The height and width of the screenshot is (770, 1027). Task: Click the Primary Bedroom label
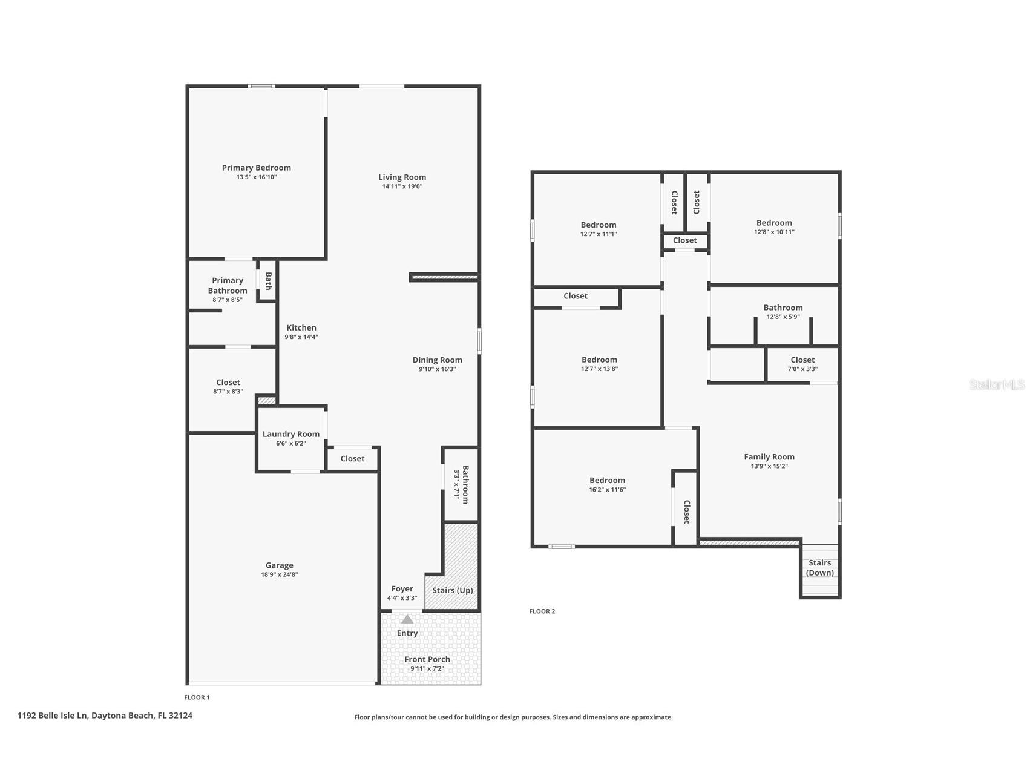point(256,168)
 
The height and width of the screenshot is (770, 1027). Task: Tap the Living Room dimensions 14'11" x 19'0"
point(402,186)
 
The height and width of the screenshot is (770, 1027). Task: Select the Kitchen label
point(301,327)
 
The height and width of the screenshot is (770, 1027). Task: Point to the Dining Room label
point(437,360)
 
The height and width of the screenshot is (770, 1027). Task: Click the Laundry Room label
point(291,434)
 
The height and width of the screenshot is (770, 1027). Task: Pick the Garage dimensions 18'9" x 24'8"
point(279,574)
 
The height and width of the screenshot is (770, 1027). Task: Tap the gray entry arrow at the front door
point(407,619)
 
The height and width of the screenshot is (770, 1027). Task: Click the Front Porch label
point(427,659)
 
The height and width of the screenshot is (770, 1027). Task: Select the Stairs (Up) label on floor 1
point(453,590)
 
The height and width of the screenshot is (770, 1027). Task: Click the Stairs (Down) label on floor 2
point(820,568)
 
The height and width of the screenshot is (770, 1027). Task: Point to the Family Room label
point(769,456)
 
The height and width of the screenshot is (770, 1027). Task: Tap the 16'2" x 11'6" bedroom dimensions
point(607,490)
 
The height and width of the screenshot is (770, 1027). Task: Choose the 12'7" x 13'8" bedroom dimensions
point(599,369)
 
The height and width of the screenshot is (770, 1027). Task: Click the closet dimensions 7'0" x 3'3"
point(802,369)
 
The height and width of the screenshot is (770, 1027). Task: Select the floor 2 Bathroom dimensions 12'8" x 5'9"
point(783,317)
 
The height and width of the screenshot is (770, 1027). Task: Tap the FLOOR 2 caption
point(542,611)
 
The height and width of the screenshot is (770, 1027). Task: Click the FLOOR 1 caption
point(197,697)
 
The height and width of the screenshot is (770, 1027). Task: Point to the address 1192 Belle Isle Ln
point(53,715)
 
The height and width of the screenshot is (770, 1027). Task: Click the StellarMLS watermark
point(997,385)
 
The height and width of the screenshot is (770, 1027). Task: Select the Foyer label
point(402,588)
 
